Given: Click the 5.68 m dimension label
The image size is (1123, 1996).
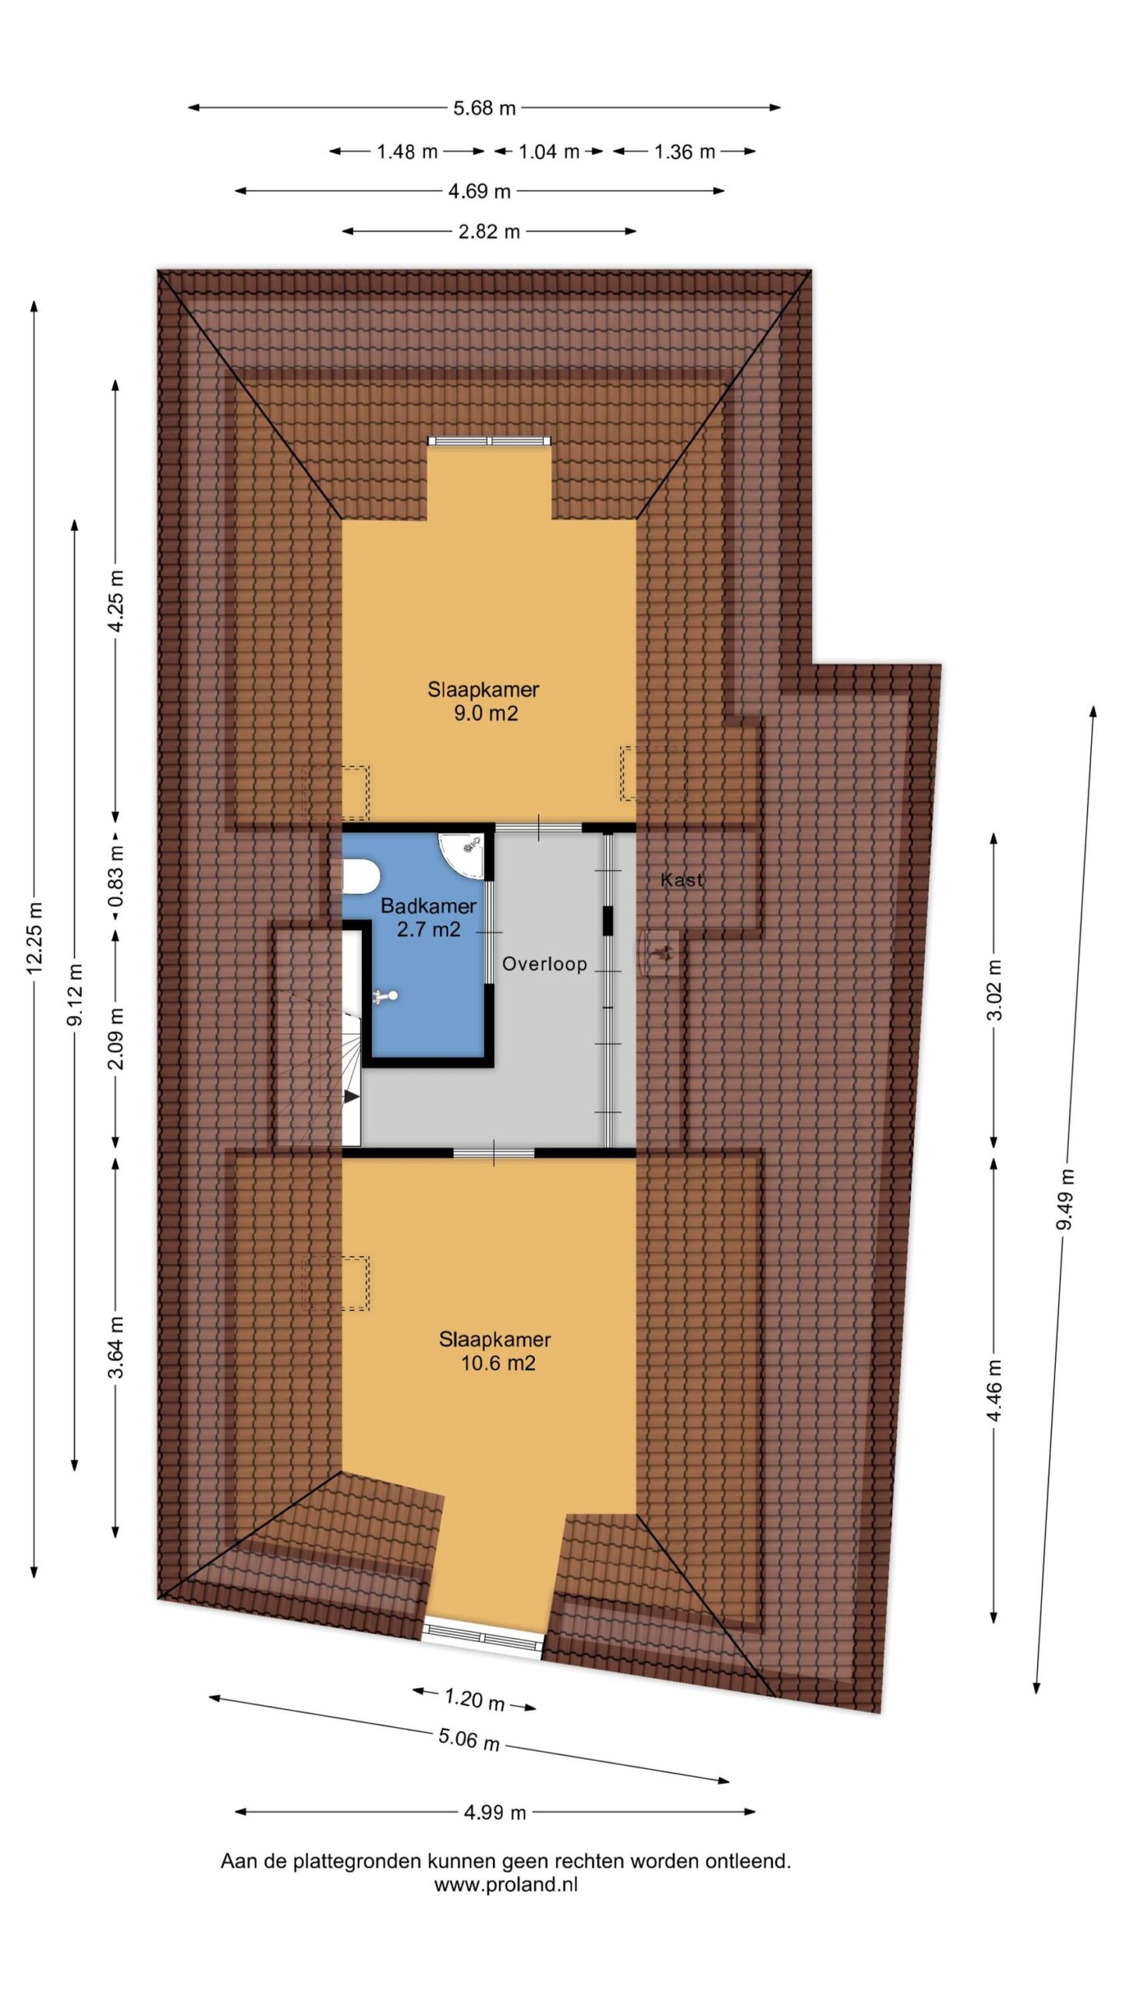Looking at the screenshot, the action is (x=484, y=108).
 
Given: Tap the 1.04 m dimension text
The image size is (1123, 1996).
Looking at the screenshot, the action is (x=549, y=151).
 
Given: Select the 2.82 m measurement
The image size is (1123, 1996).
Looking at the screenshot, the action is (x=489, y=232).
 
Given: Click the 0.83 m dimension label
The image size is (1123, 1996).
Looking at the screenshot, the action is (x=116, y=878).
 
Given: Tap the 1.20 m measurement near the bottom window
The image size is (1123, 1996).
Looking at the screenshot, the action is (x=474, y=1699).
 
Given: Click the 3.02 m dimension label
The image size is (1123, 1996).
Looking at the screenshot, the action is (x=995, y=989).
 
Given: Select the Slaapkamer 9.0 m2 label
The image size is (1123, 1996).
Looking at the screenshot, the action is (x=484, y=701).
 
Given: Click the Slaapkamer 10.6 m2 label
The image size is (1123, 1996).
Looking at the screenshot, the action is (x=495, y=1351).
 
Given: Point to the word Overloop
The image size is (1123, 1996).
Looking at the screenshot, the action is (x=544, y=964).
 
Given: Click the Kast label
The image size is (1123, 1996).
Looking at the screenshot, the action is (x=682, y=880).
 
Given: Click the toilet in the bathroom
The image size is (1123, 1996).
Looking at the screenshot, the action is (x=360, y=876).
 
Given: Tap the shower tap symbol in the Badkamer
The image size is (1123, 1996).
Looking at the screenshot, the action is (x=385, y=996).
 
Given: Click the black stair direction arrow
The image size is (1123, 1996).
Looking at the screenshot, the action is (x=351, y=1096).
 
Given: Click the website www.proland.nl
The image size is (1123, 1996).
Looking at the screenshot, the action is (x=505, y=1885).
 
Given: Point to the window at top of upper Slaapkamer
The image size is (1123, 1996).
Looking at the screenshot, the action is (x=490, y=441).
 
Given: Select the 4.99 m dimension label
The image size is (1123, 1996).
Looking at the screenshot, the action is (x=495, y=1812).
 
